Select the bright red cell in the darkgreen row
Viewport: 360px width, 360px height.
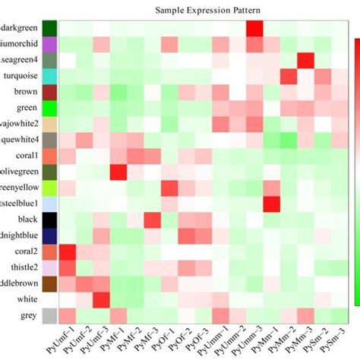pos(255,28)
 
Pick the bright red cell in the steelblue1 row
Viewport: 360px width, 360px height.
pos(272,204)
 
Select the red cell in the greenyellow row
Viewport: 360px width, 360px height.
pos(169,188)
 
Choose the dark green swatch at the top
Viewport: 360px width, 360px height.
pos(50,28)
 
